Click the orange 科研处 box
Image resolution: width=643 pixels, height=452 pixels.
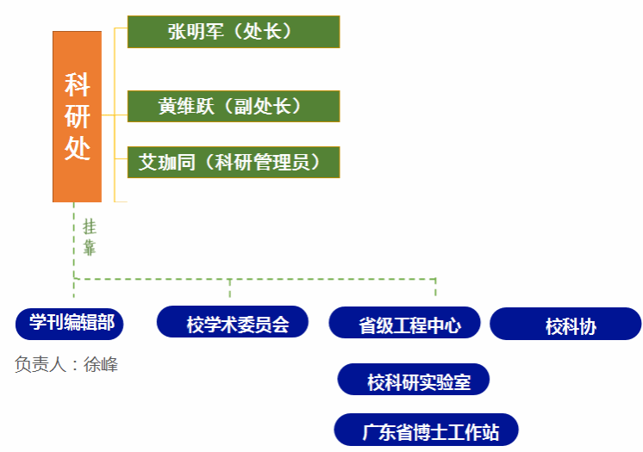tap(77, 116)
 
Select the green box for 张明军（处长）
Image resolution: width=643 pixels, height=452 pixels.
tap(233, 32)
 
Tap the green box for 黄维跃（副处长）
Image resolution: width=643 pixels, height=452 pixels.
tap(233, 106)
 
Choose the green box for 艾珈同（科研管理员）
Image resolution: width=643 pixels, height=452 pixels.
tap(233, 162)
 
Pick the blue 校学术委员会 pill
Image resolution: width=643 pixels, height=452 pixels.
tap(233, 323)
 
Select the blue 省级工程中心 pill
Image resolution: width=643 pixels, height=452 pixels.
tap(405, 325)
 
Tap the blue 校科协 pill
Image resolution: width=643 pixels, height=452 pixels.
tap(566, 325)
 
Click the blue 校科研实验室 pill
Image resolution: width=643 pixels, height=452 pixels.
tap(415, 380)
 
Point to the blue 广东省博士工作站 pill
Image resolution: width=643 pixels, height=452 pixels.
tap(427, 430)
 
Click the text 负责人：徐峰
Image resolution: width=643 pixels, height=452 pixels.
tap(66, 364)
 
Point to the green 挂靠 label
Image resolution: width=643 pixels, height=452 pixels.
tap(89, 238)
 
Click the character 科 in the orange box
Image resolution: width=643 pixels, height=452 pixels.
tap(77, 85)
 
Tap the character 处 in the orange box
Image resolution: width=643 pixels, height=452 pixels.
tap(77, 149)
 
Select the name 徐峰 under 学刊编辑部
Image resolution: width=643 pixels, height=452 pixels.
tap(101, 364)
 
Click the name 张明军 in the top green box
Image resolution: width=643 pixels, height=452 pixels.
tap(196, 32)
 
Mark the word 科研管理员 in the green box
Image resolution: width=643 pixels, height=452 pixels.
tap(262, 162)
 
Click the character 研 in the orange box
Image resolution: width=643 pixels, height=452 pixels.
tap(77, 117)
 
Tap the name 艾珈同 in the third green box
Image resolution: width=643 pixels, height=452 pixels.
tap(167, 162)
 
